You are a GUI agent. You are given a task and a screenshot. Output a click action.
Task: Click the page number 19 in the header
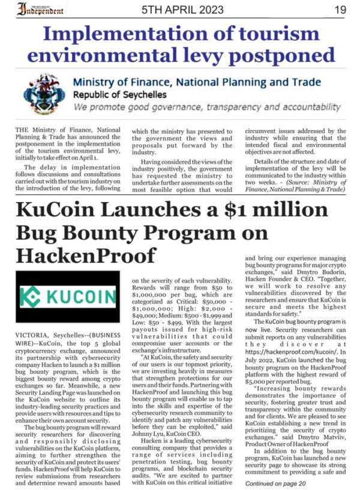[x=340, y=10]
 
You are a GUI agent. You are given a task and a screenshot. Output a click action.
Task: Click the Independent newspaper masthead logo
[x=43, y=9]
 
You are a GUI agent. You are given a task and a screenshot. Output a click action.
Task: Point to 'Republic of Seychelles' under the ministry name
[x=121, y=95]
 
